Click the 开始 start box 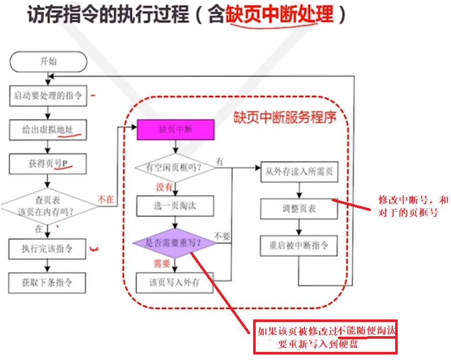(x=48, y=62)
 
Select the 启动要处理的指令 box (x=48, y=95)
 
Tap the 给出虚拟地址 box (x=48, y=129)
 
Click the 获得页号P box (x=48, y=163)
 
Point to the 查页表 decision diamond (x=48, y=206)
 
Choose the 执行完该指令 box (x=48, y=248)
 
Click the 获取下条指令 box (x=48, y=282)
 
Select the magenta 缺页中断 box (x=176, y=129)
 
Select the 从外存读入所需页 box (x=299, y=172)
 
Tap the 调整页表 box (x=299, y=208)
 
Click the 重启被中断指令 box (x=299, y=246)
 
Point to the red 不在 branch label (x=105, y=199)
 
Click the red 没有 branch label (x=164, y=187)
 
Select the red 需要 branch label (x=162, y=263)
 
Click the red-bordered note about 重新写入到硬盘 (x=325, y=337)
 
